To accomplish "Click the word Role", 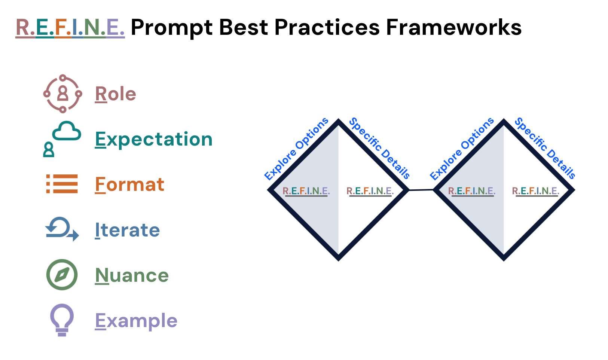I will pos(115,94).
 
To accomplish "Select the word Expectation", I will pos(153,139).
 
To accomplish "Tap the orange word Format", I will pos(129,184).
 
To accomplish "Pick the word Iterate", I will pos(127,230).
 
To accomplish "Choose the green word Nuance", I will pos(132,275).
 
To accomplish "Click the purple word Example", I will pos(136,321).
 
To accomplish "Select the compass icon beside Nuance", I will pos(62,275).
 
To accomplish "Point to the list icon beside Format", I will pos(62,184).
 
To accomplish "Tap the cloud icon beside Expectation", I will pos(67,131).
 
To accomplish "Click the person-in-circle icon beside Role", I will pos(62,94).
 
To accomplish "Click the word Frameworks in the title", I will pos(453,27).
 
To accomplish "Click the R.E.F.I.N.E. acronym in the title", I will pos(70,27).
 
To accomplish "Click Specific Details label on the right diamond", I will pos(545,148).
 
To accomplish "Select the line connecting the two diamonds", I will pos(421,190).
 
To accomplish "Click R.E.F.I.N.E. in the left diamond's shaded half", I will pos(306,191).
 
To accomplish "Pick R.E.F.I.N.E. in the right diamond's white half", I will pos(535,191).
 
